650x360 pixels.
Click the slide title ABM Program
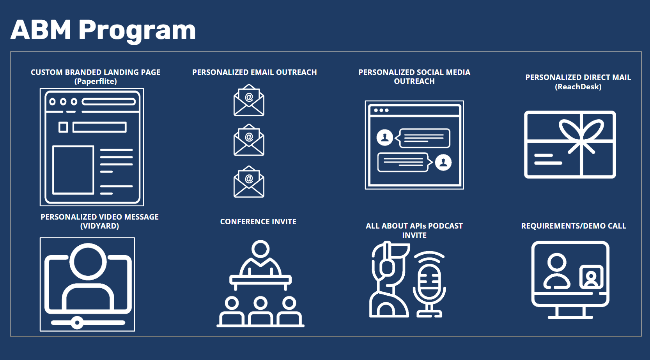coord(103,30)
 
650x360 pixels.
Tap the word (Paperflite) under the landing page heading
coord(96,82)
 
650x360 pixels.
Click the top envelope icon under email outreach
coord(249,100)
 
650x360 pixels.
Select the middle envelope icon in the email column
coord(249,140)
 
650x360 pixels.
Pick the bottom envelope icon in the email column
coord(249,182)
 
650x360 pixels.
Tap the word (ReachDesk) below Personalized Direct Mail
coord(578,87)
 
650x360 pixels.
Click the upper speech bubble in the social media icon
coord(424,138)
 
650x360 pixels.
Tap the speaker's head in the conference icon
coord(260,249)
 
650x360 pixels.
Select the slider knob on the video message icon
coord(77,323)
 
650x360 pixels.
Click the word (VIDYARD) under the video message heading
coord(99,226)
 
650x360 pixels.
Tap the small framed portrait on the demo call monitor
coord(591,277)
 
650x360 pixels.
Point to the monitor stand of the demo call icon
coord(570,312)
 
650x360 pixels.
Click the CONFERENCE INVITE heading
coord(258,222)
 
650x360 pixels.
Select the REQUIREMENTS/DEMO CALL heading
coord(574,226)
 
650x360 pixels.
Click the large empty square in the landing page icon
coord(73,170)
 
